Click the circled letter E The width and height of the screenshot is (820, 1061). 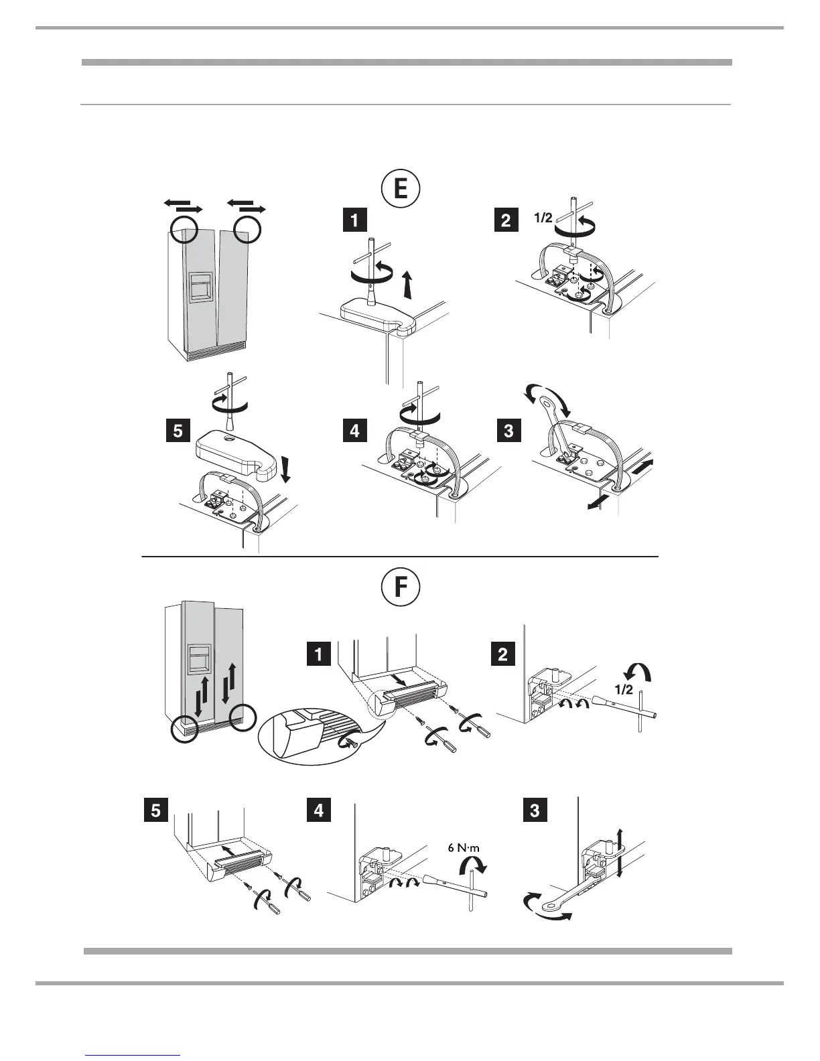(x=400, y=188)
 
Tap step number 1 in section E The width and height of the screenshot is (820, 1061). (x=354, y=220)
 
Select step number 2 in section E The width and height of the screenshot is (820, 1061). (x=505, y=220)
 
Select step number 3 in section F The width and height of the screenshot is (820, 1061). (x=534, y=810)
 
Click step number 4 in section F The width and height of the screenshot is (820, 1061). (x=318, y=810)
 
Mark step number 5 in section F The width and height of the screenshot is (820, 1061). (x=155, y=810)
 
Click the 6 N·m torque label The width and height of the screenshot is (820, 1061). (x=464, y=847)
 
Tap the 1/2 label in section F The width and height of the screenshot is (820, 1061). (x=622, y=691)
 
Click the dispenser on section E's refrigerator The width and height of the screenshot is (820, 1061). (x=201, y=287)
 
